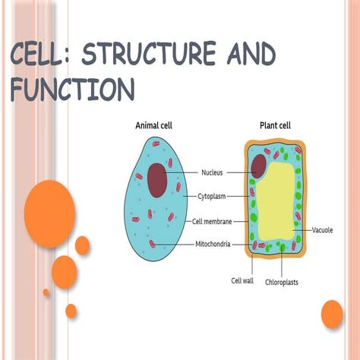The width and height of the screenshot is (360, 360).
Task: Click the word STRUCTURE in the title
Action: click(x=149, y=54)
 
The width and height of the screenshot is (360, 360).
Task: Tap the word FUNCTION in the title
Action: click(x=72, y=90)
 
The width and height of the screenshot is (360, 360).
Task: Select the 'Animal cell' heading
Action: click(x=153, y=125)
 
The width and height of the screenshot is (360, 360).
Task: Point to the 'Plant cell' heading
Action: click(x=275, y=125)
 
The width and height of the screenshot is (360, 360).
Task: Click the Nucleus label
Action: click(x=212, y=172)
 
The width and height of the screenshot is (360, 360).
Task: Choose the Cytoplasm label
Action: click(x=212, y=197)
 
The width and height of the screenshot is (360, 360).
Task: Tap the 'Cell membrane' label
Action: click(x=212, y=222)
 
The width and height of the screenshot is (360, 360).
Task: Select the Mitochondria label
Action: click(x=213, y=244)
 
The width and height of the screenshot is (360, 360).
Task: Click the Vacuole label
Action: click(x=322, y=230)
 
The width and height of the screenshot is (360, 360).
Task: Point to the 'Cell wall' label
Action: click(x=242, y=280)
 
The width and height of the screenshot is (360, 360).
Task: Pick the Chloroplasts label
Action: click(x=282, y=282)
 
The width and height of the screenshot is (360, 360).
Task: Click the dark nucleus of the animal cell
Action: click(x=157, y=180)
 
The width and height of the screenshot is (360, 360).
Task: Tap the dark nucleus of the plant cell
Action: click(x=258, y=166)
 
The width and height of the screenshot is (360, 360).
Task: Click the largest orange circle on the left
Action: click(x=49, y=214)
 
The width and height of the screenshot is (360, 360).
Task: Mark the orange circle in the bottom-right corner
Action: click(x=332, y=314)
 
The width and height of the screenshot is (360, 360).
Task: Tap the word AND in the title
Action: click(x=251, y=54)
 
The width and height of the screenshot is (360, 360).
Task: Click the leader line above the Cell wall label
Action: click(x=252, y=265)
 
